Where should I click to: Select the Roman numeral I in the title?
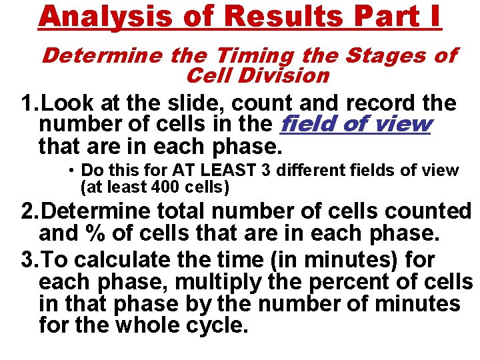click(432, 17)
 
